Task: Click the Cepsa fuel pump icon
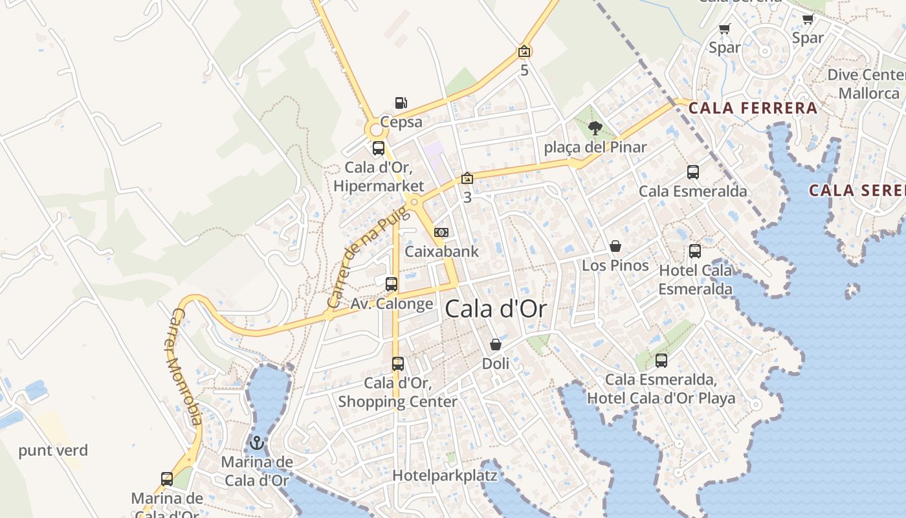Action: coord(401,103)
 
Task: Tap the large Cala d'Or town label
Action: coord(496,310)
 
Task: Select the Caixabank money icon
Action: coord(441,232)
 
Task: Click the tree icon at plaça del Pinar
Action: coord(595,128)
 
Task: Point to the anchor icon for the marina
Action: coord(257,444)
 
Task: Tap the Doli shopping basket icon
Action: coord(496,344)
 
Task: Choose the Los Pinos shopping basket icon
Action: coord(615,247)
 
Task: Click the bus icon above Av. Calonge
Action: coord(392,284)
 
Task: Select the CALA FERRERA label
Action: coord(753,108)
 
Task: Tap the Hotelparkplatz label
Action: coord(445,476)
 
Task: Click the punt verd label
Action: coord(53,451)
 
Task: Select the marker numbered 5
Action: coord(524,52)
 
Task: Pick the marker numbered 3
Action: coord(467,179)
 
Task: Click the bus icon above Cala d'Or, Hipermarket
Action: coord(379,148)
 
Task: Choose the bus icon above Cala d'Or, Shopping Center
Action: coord(398,364)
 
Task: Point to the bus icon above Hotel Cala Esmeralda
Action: coord(695,251)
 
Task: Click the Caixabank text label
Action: coord(441,252)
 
